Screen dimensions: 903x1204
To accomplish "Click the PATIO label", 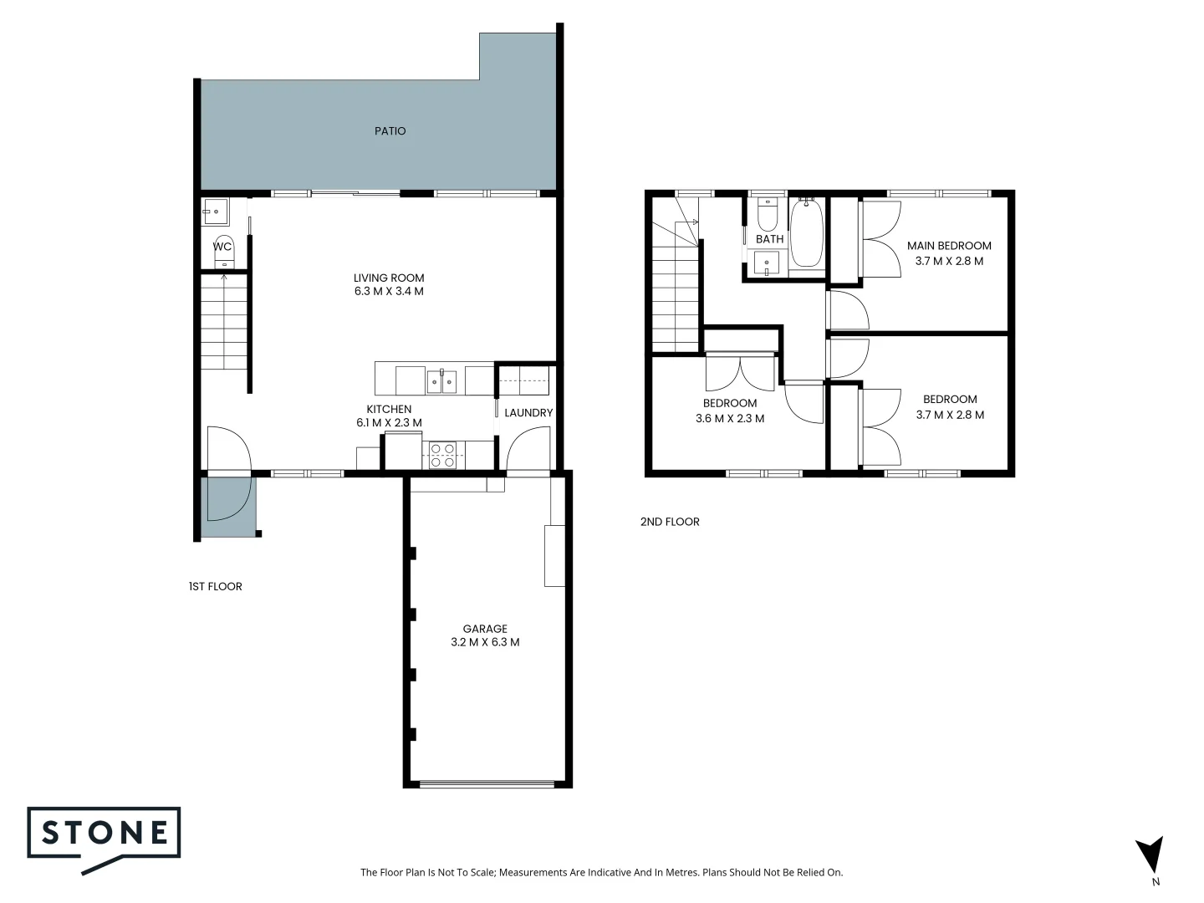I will pyautogui.click(x=390, y=131).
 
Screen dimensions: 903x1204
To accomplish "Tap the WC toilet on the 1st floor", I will pyautogui.click(x=224, y=252).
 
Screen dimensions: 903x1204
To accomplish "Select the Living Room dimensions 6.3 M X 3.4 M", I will pyautogui.click(x=389, y=292).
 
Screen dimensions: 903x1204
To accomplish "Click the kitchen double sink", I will pyautogui.click(x=441, y=381).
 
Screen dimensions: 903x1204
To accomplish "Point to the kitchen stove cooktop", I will pyautogui.click(x=442, y=455).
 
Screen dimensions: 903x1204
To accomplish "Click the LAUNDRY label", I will pyautogui.click(x=528, y=413).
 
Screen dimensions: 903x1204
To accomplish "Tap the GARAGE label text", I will pyautogui.click(x=485, y=629).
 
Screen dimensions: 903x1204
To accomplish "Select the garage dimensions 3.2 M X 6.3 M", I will pyautogui.click(x=485, y=643).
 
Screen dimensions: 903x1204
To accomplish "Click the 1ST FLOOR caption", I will pyautogui.click(x=215, y=587).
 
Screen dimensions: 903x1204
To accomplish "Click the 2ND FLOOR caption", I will pyautogui.click(x=670, y=522).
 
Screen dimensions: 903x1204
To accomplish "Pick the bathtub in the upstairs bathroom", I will pyautogui.click(x=807, y=233).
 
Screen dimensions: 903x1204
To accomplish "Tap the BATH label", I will pyautogui.click(x=769, y=239).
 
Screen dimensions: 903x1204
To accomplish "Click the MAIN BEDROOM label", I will pyautogui.click(x=949, y=246).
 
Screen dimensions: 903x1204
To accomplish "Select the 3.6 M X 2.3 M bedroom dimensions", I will pyautogui.click(x=730, y=419).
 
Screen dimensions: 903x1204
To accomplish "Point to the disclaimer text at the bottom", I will pyautogui.click(x=601, y=873).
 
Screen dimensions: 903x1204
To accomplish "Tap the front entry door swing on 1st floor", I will pyautogui.click(x=228, y=450).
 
